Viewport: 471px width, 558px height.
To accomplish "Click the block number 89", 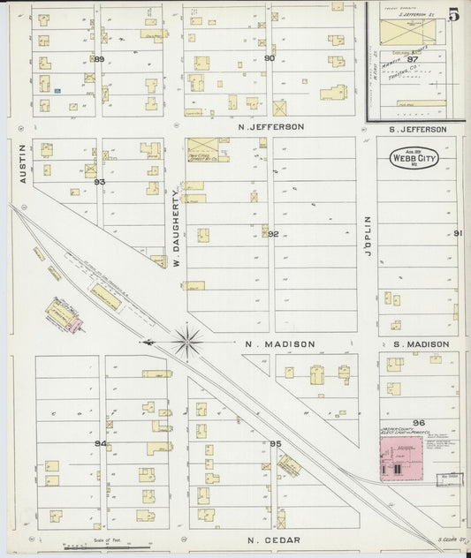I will pos(99,59).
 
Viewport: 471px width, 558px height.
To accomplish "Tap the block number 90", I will pos(270,58).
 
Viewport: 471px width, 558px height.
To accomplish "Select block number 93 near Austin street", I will pos(100,182).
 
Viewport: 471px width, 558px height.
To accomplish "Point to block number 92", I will pos(273,234).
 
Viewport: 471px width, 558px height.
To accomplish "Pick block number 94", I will pos(101,442).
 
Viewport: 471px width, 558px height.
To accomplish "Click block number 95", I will pos(275,443).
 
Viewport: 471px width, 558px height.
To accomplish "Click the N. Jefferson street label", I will pos(271,127).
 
